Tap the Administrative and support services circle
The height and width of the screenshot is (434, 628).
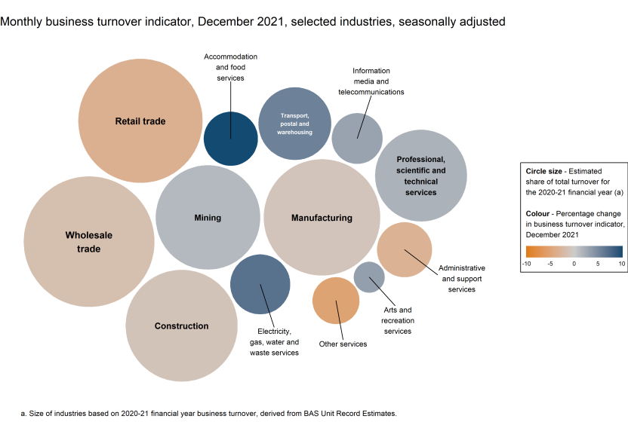(x=405, y=249)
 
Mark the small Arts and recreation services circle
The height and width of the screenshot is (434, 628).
(x=369, y=277)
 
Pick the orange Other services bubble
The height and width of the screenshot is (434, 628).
(x=336, y=301)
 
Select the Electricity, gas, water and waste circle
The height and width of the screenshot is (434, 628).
(x=260, y=284)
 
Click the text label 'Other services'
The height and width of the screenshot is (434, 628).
(x=343, y=344)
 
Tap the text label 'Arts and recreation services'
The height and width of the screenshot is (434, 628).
(x=398, y=320)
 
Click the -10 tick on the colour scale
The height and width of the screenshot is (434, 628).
(x=527, y=264)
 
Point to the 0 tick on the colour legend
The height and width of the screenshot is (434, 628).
(x=574, y=264)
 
